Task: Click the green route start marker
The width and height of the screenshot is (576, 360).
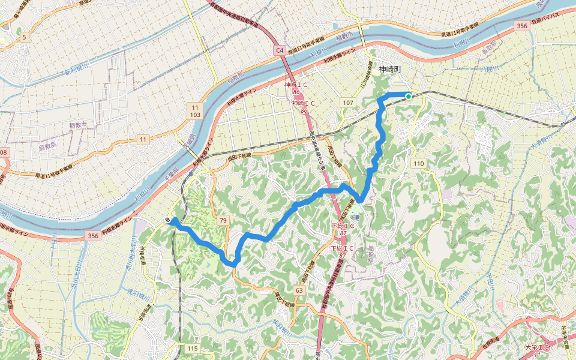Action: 409,96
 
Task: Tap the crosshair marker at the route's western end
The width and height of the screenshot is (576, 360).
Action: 167,220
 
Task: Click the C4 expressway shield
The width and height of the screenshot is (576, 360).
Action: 280,51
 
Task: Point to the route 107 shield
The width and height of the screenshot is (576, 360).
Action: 348,103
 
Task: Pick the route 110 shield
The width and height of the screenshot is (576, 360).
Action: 418,163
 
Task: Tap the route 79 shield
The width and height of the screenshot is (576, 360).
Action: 223,221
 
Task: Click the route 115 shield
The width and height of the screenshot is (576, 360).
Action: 192,349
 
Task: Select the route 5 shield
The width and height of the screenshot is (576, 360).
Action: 25,37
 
